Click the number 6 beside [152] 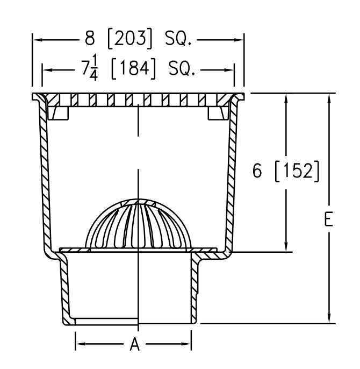click(258, 171)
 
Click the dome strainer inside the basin click(138, 224)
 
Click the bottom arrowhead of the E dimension click(329, 318)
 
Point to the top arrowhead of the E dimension click(329, 97)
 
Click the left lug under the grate click(59, 112)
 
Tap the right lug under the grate click(217, 112)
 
